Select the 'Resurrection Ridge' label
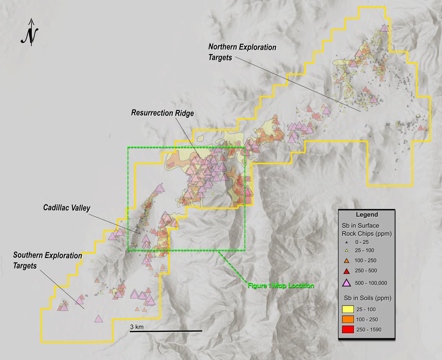coord(162,113)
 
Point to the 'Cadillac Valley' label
coord(67,208)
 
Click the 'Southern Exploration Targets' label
coord(47,260)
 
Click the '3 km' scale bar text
coord(136,327)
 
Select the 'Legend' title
coord(366,215)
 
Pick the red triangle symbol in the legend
coord(346,271)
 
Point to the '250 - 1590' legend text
coord(368,329)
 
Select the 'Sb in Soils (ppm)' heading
coord(366,298)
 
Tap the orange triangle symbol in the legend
coord(346,261)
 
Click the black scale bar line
coord(166,331)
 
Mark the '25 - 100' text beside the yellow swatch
coord(367,308)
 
